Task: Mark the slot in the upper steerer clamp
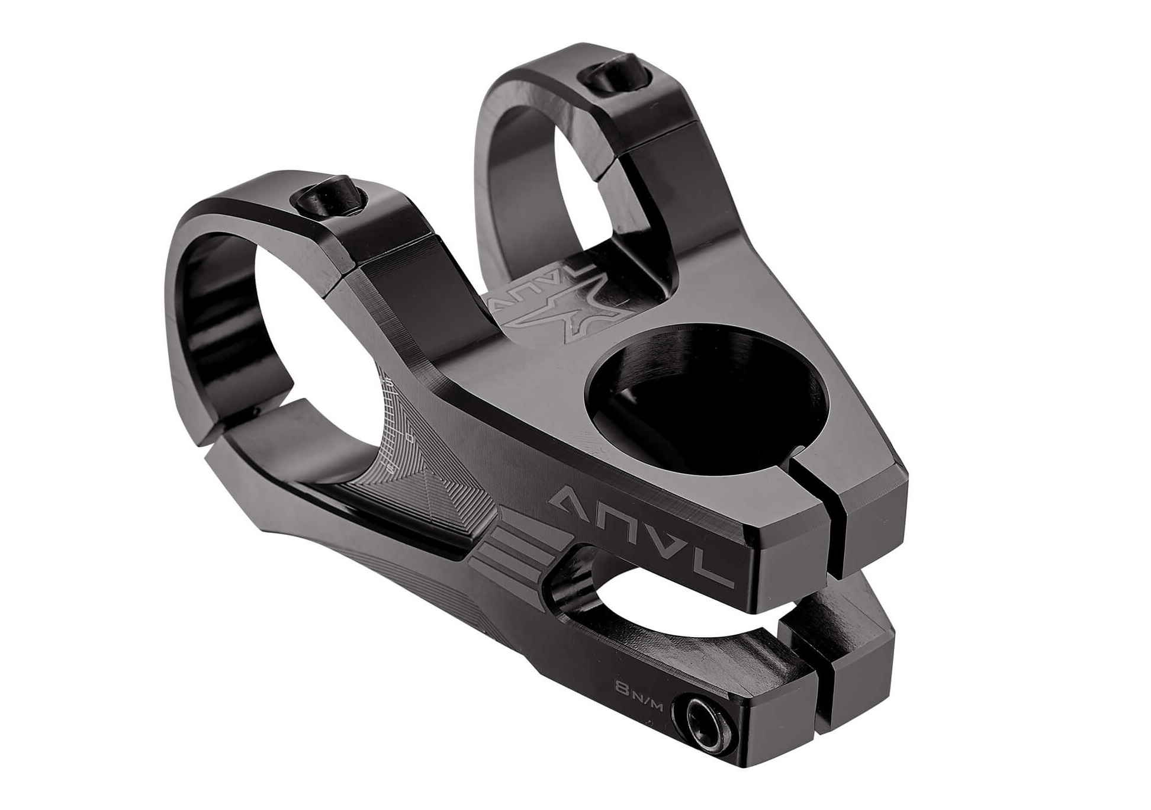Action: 818,497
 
